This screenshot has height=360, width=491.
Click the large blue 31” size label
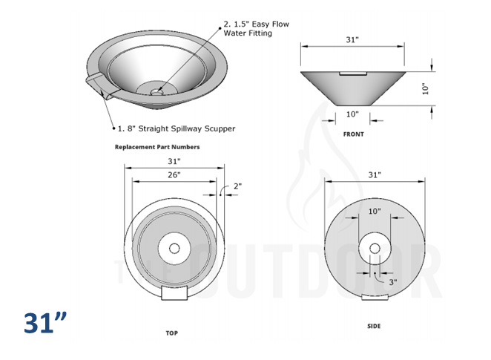pos(45,324)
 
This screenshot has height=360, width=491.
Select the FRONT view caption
pos(353,134)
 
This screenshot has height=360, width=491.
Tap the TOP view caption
pos(171,333)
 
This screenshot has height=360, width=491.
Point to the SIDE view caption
pos(375,327)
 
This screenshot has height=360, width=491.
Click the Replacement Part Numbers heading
pos(157,147)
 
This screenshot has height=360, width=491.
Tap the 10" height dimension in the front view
pos(426,88)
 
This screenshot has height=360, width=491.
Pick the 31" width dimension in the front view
pos(352,39)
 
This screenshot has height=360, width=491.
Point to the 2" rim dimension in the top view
pos(237,186)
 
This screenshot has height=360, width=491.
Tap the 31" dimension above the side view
pos(375,174)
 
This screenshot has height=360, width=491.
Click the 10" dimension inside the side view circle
pos(375,211)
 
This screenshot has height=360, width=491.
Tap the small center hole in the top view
pos(174,249)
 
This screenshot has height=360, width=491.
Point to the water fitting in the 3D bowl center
pos(156,91)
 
